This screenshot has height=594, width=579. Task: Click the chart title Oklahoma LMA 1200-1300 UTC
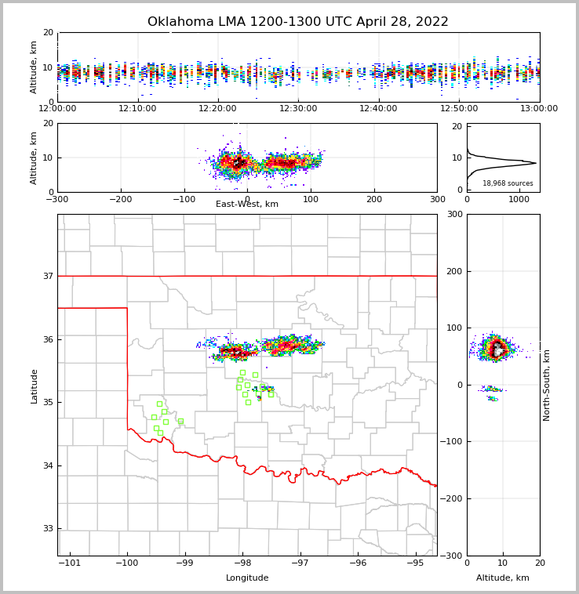pyautogui.click(x=298, y=22)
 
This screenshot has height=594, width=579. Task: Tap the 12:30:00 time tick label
pyautogui.click(x=298, y=108)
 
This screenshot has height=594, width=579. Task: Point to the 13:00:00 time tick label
pyautogui.click(x=539, y=108)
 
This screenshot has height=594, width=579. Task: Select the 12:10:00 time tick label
pyautogui.click(x=137, y=108)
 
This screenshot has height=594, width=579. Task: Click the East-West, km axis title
pyautogui.click(x=247, y=205)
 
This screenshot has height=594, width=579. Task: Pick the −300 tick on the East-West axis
pyautogui.click(x=57, y=199)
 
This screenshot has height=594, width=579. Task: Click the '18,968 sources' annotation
pyautogui.click(x=508, y=183)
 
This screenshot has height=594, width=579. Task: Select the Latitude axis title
pyautogui.click(x=35, y=386)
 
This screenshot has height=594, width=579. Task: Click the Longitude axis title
pyautogui.click(x=247, y=578)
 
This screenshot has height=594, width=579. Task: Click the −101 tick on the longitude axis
pyautogui.click(x=69, y=563)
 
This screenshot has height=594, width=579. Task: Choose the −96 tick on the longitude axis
pyautogui.click(x=358, y=563)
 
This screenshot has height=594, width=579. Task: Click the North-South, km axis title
pyautogui.click(x=547, y=386)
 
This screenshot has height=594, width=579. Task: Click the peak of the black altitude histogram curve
pyautogui.click(x=536, y=163)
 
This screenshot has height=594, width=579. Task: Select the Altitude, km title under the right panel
pyautogui.click(x=503, y=578)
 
